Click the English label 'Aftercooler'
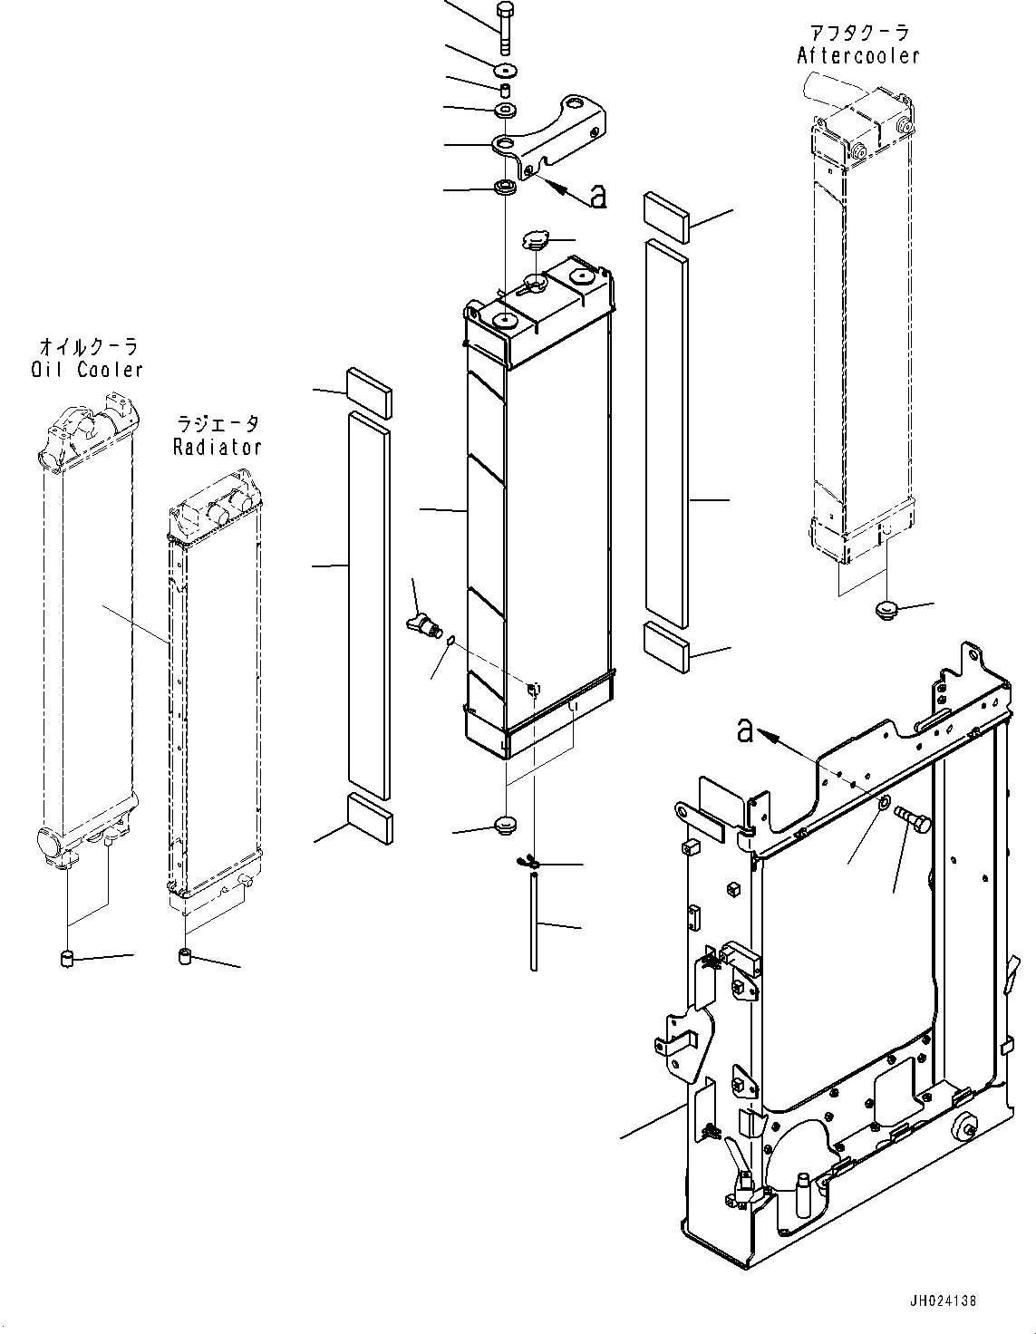(x=857, y=56)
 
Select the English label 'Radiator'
(x=218, y=447)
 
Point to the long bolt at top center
(x=504, y=27)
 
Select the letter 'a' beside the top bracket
(x=597, y=194)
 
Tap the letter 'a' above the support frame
(x=745, y=730)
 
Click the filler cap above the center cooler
(x=536, y=242)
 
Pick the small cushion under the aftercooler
(x=886, y=609)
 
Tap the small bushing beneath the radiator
(x=184, y=956)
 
